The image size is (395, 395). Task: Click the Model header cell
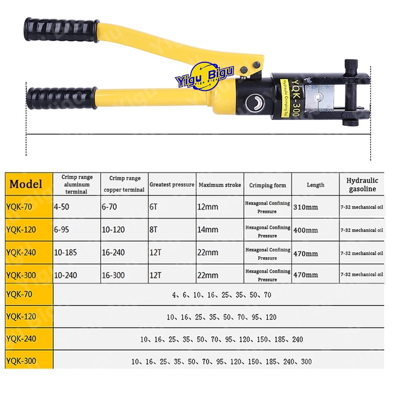point(26,184)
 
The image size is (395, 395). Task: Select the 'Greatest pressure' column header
point(172,185)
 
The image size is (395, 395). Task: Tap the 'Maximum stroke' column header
point(220,185)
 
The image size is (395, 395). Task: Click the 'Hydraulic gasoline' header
point(362,185)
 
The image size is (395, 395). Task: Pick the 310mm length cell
point(306,207)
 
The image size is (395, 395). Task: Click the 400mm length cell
point(306,230)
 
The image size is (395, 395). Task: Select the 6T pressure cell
point(154,207)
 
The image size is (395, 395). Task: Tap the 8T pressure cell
point(154,230)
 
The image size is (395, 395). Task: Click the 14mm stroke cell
point(208,230)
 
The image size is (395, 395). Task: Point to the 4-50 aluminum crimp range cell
point(61,207)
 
